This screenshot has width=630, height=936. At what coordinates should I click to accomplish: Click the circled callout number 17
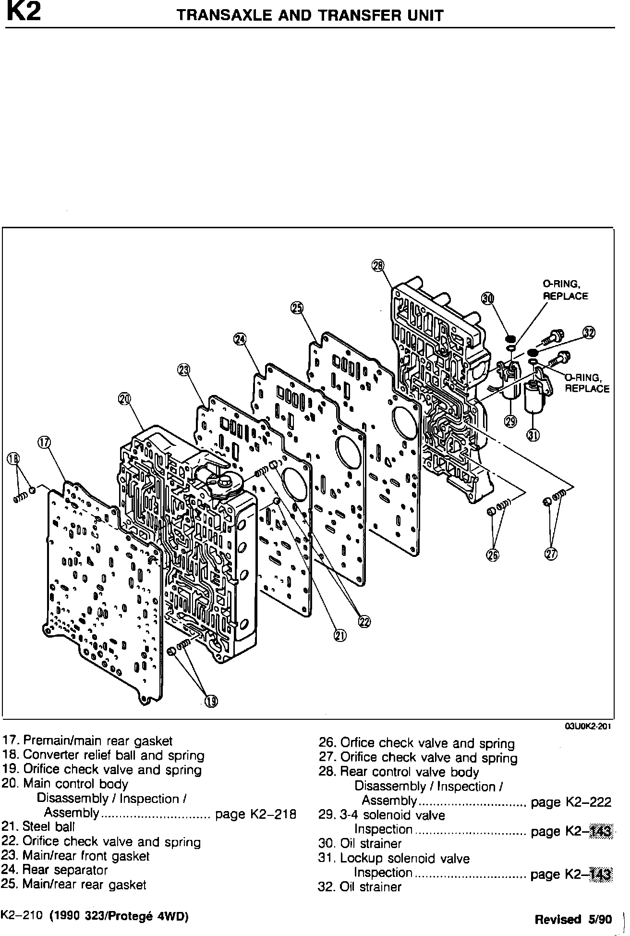(x=45, y=443)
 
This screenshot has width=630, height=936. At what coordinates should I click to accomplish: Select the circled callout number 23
(x=183, y=369)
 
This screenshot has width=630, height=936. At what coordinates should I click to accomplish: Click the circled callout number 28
(x=378, y=265)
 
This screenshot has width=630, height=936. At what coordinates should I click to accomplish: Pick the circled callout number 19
(x=211, y=702)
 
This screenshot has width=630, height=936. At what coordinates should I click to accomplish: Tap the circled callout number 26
(x=493, y=555)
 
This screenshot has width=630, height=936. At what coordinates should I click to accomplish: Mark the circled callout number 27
(x=551, y=554)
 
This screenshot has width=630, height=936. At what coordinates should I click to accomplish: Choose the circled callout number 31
(x=533, y=435)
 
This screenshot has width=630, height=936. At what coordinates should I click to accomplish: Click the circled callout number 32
(x=589, y=333)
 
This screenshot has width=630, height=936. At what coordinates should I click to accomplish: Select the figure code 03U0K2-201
(x=588, y=727)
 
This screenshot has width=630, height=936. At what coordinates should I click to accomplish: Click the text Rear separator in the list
(x=65, y=870)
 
